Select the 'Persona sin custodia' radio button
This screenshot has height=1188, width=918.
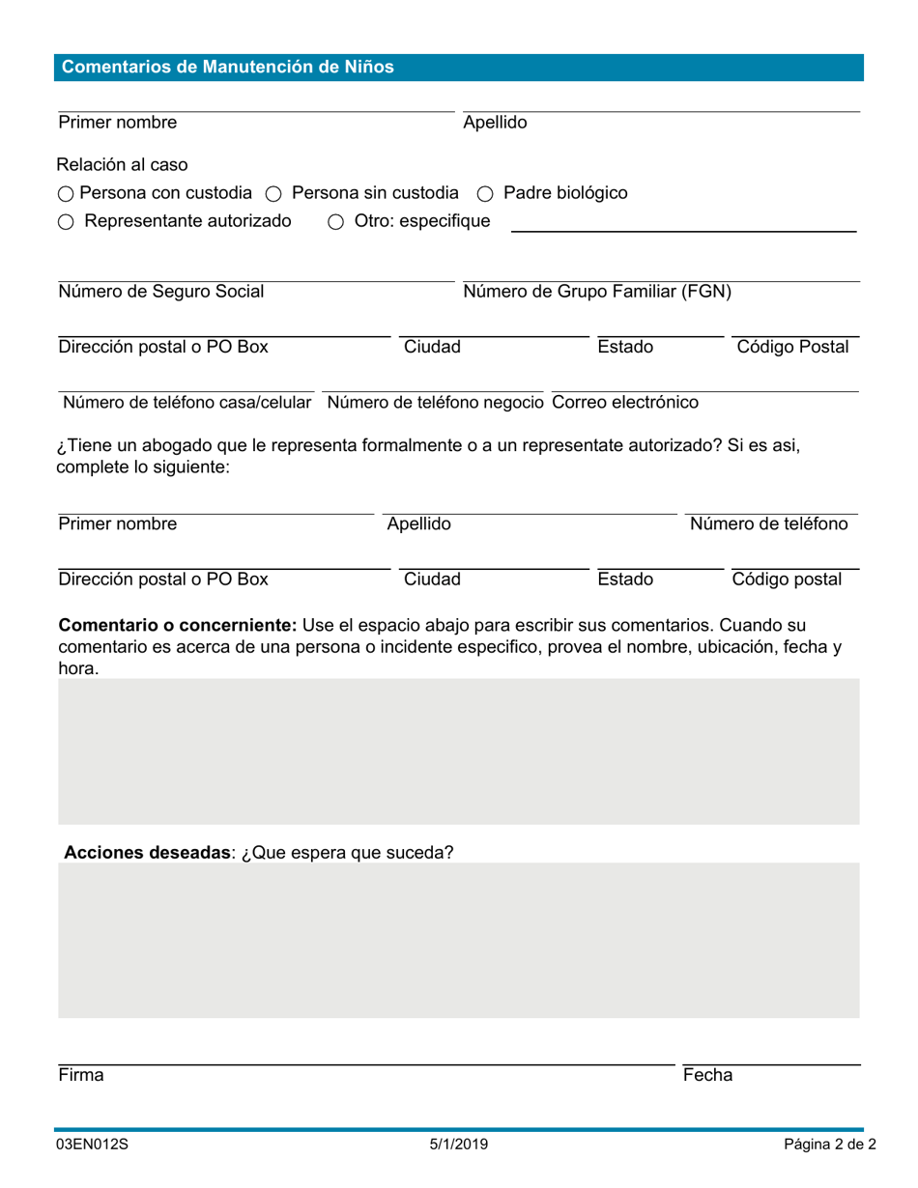pos(273,194)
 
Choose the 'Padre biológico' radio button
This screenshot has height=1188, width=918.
pos(486,194)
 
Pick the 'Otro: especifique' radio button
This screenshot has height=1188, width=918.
pos(336,222)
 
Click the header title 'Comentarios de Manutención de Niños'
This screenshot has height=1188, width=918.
pos(228,68)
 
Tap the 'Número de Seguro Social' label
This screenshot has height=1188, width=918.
pos(161,292)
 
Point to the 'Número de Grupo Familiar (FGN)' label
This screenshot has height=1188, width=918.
pos(597,292)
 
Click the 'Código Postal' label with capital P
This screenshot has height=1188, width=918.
pos(792,347)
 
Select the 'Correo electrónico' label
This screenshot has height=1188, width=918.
pos(624,401)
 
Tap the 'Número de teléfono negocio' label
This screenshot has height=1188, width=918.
pos(437,401)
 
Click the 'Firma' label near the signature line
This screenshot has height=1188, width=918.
pos(81,1075)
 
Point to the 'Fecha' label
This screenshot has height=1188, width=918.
pos(707,1075)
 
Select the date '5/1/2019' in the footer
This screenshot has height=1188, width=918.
pos(459,1145)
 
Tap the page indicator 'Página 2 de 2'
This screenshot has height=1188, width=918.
pos(830,1145)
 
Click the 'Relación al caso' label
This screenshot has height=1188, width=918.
pos(123,164)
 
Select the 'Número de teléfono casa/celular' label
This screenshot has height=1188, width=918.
pos(187,401)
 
